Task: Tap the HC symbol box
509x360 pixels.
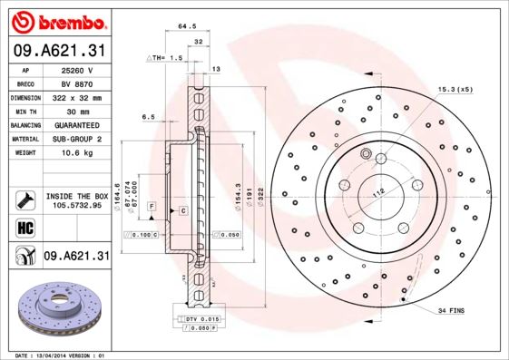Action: coord(24,227)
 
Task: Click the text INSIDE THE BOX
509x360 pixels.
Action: coord(77,196)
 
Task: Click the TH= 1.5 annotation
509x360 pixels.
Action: coord(166,57)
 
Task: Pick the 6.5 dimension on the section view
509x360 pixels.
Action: coord(149,117)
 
